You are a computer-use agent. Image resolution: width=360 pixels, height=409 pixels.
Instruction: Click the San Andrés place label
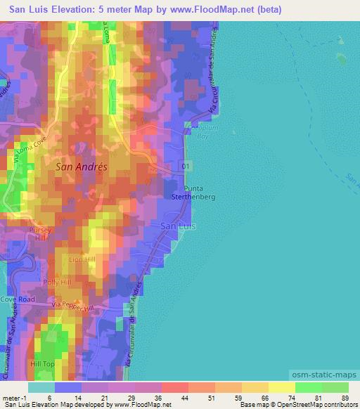point(81,168)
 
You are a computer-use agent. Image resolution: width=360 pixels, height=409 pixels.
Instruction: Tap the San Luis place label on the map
point(178,226)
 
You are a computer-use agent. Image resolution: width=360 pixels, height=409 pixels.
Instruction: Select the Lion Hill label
point(82,260)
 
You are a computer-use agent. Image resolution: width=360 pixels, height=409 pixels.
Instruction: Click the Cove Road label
point(18,299)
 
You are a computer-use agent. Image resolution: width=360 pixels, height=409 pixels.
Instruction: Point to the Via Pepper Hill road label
point(73,307)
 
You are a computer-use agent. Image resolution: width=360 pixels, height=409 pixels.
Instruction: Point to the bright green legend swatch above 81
point(309,387)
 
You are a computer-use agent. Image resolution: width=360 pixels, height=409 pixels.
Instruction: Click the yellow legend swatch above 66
point(255,387)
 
